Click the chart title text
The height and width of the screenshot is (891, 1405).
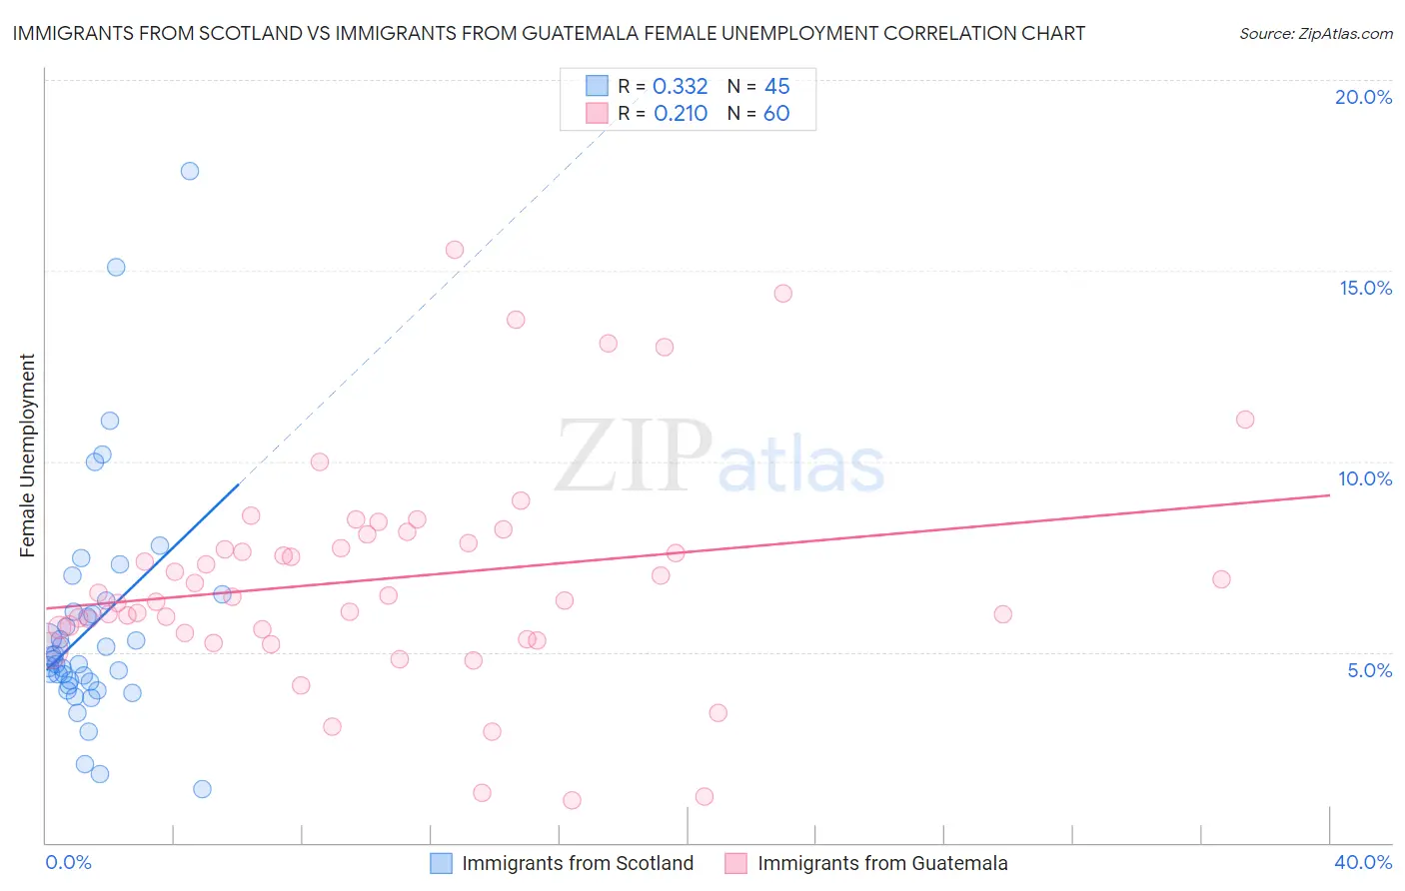[548, 34]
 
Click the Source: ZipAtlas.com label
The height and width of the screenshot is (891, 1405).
[1315, 34]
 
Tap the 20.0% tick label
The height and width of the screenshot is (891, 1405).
[1363, 98]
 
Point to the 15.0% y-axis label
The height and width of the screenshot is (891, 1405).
[1365, 288]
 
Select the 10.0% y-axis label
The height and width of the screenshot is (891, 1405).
[1365, 478]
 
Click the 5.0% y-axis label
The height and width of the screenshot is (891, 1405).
[1369, 670]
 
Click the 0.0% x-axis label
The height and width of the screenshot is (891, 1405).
[68, 862]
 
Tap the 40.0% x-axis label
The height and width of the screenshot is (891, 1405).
[1363, 862]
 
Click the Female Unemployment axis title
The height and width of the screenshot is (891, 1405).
[27, 454]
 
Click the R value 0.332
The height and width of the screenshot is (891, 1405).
[680, 87]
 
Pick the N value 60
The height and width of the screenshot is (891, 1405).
[776, 114]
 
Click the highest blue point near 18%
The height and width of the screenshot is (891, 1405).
[190, 171]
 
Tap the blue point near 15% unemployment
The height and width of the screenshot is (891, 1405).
[116, 267]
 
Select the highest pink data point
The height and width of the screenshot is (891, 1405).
[455, 250]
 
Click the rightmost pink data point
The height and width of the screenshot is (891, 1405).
[1245, 420]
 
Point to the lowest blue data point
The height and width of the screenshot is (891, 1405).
[202, 789]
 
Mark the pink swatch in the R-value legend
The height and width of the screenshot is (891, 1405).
[597, 113]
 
